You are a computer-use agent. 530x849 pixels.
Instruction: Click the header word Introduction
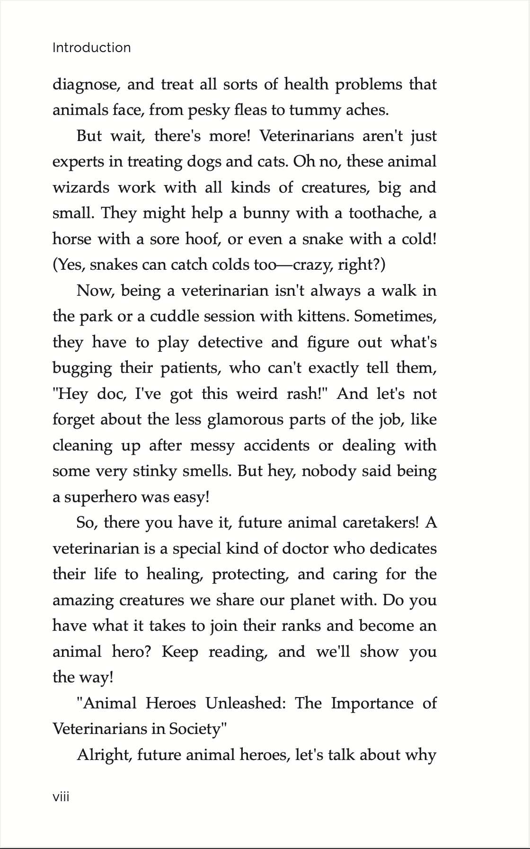pyautogui.click(x=91, y=48)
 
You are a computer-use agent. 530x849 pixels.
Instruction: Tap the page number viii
pyautogui.click(x=61, y=797)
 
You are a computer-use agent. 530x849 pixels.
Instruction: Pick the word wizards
pyautogui.click(x=80, y=187)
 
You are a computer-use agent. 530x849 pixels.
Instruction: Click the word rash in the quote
pyautogui.click(x=302, y=394)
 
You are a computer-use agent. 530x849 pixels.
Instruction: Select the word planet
pyautogui.click(x=312, y=600)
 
